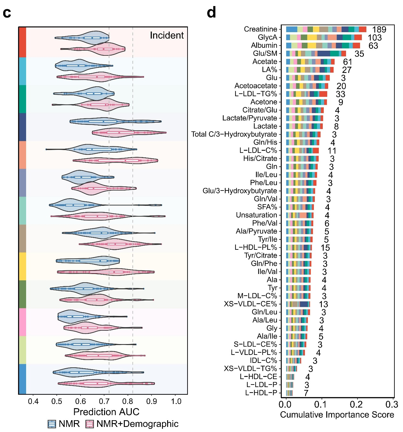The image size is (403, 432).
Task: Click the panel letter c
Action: (7, 13)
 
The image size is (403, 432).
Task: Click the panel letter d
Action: (211, 13)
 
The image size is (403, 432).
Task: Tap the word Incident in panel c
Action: (166, 35)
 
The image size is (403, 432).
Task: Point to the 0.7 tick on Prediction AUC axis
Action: (104, 401)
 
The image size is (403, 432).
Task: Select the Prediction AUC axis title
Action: (106, 412)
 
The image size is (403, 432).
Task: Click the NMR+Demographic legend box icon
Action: (90, 424)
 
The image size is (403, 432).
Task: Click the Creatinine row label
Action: (260, 29)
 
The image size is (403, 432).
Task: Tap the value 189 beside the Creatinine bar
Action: (379, 30)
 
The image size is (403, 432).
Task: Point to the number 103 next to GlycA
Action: (374, 38)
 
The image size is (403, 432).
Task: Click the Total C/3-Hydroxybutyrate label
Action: (234, 134)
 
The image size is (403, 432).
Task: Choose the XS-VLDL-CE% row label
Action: (250, 304)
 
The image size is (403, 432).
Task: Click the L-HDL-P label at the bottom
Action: (261, 393)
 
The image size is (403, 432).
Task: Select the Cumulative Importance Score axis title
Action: (337, 415)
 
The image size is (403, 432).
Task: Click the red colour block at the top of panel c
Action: (22, 42)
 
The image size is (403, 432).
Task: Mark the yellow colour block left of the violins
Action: (22, 266)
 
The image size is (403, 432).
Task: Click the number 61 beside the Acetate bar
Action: (347, 62)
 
